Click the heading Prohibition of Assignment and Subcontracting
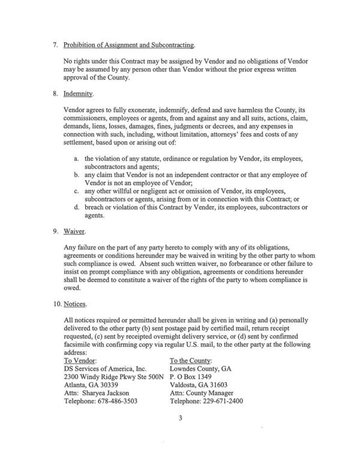click(129, 46)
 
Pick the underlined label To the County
click(193, 360)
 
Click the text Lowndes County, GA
click(202, 368)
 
